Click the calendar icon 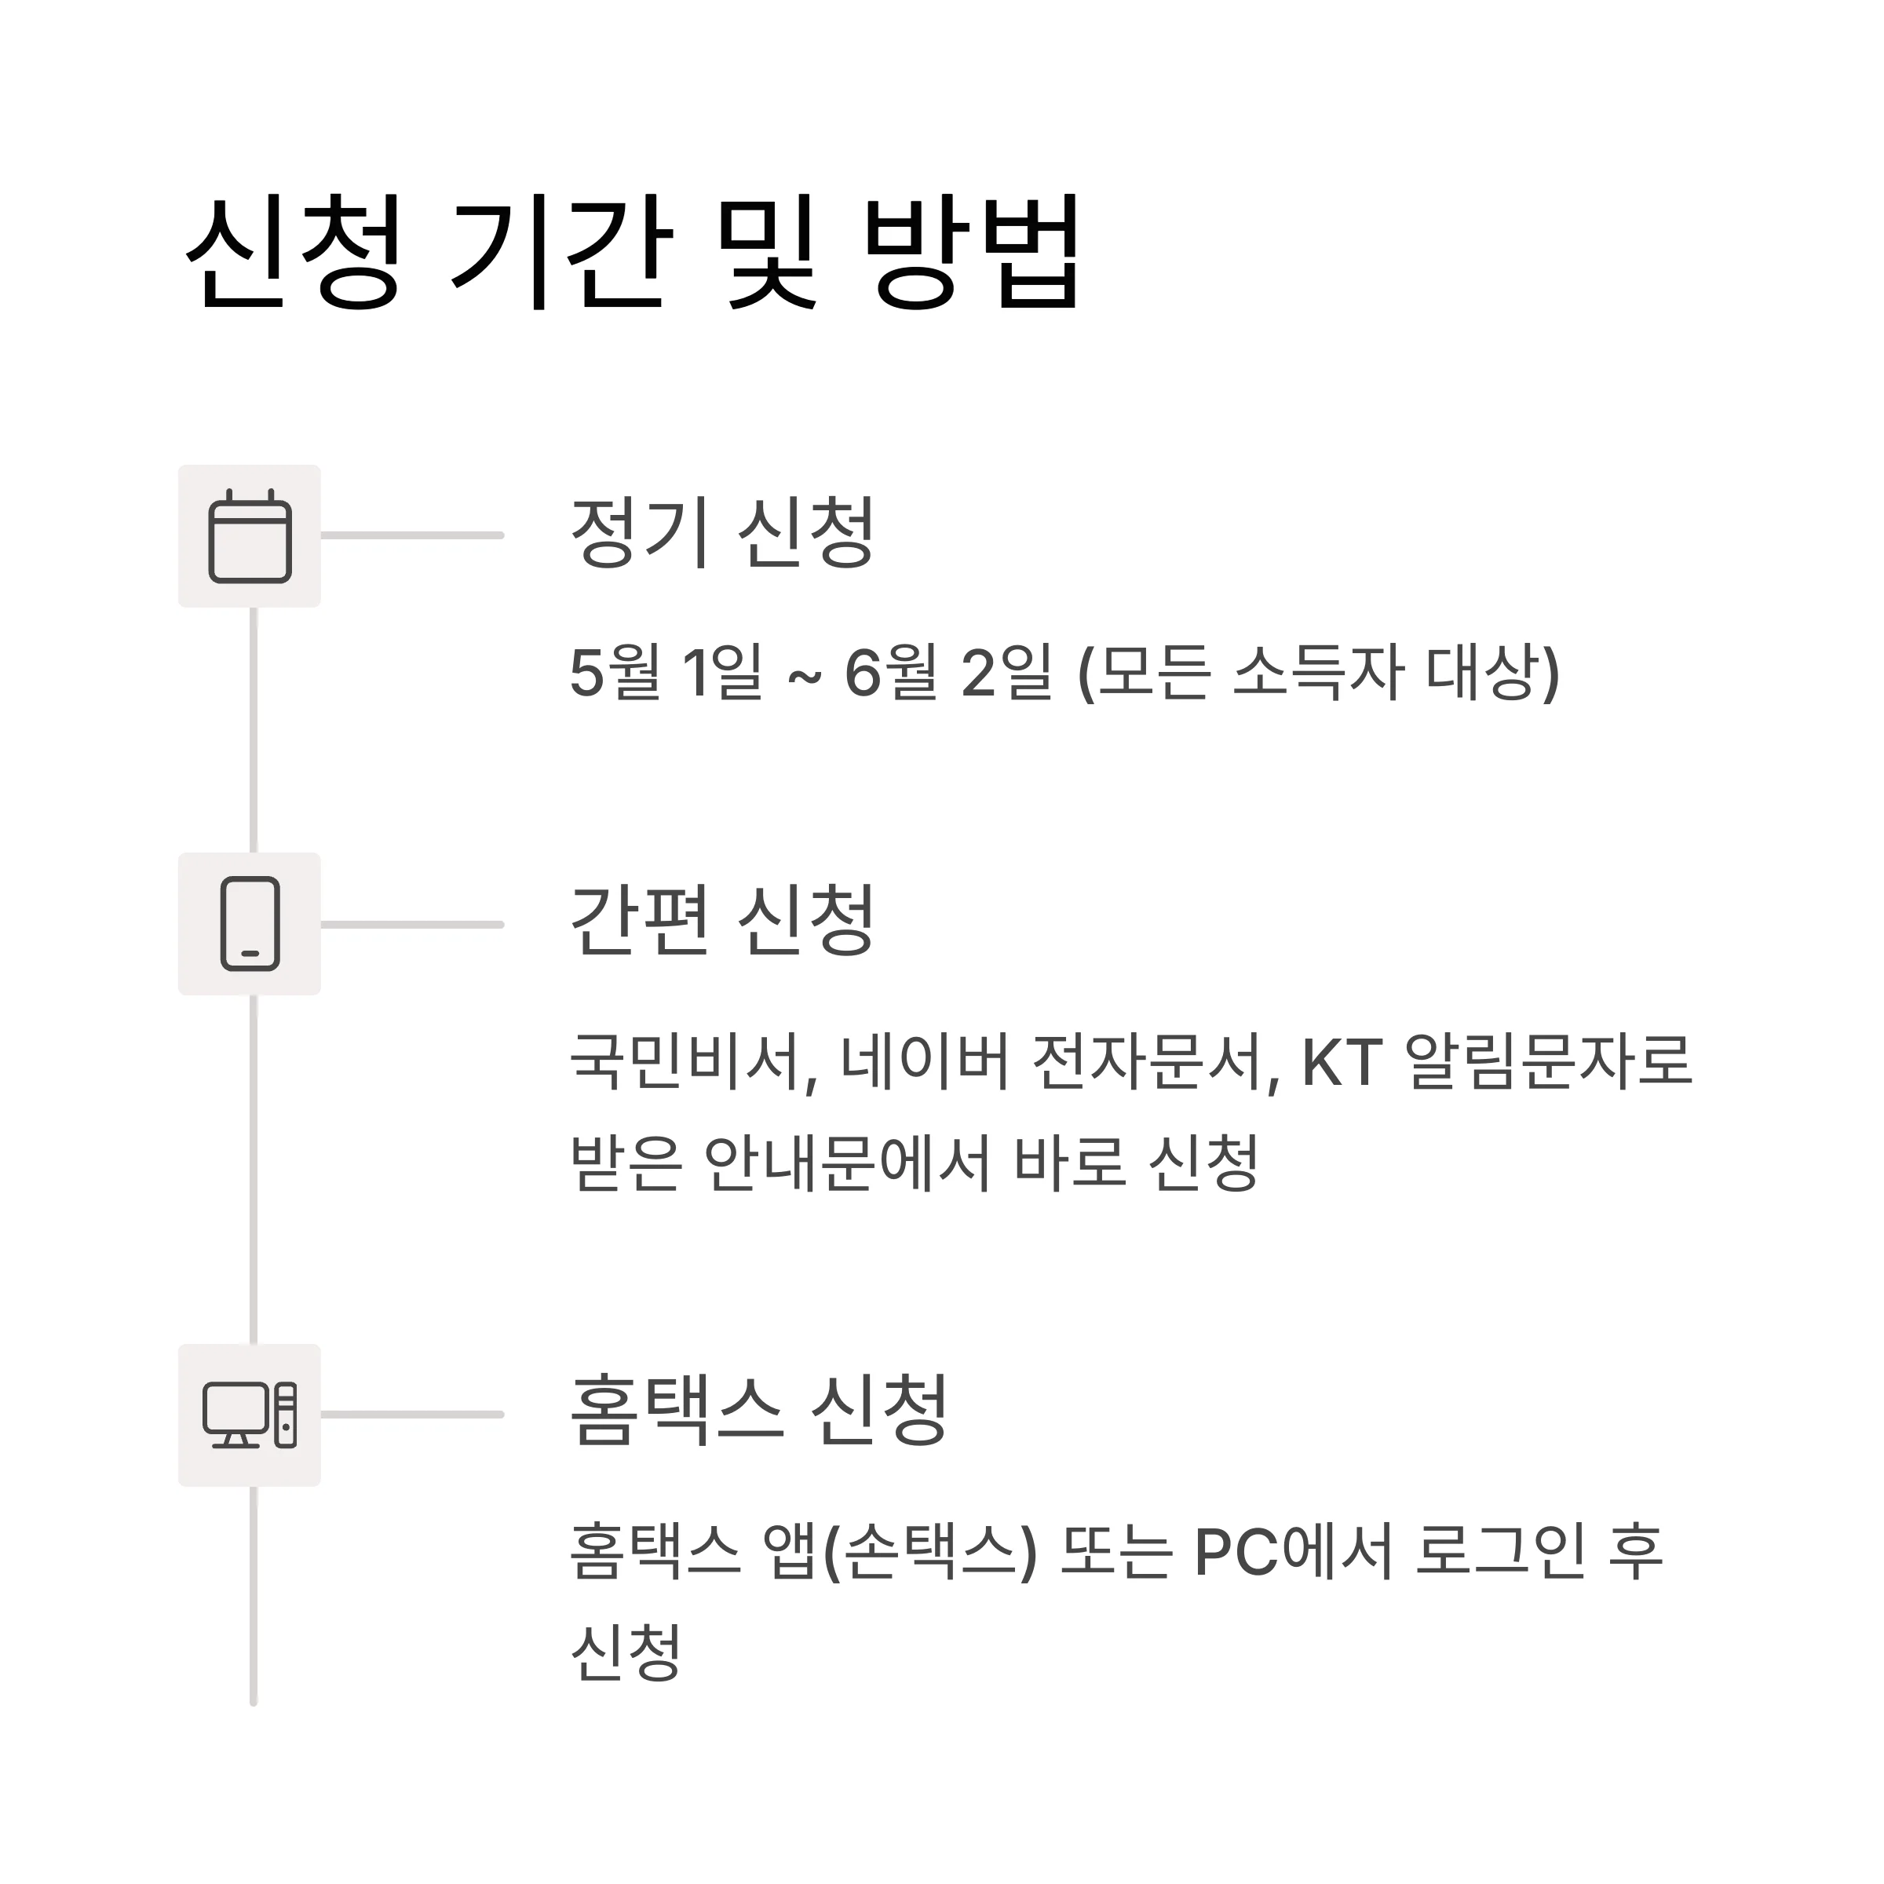(x=250, y=536)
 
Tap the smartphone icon (x=250, y=925)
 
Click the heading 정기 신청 (x=721, y=532)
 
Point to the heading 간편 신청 (x=721, y=921)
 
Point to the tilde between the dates (x=804, y=677)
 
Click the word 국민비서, (x=693, y=1062)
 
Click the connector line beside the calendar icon (x=411, y=535)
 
